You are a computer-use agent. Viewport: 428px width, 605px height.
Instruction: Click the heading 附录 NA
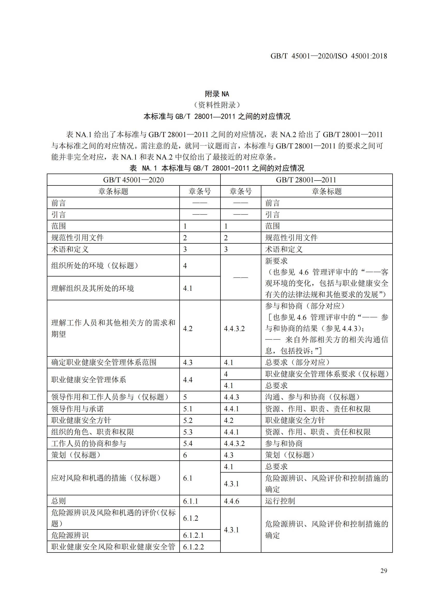(x=217, y=94)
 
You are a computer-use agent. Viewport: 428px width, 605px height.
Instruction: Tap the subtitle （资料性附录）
(x=217, y=105)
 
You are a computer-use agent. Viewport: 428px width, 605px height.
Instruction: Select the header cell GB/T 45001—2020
(x=133, y=180)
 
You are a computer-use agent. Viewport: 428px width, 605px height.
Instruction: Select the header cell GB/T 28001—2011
(x=306, y=180)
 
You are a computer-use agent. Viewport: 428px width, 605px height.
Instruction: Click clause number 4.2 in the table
(x=188, y=328)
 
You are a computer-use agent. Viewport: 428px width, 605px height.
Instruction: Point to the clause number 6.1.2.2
(x=194, y=547)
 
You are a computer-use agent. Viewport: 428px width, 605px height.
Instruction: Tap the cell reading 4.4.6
(x=231, y=501)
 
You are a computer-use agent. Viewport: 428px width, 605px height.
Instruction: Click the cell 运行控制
(x=280, y=501)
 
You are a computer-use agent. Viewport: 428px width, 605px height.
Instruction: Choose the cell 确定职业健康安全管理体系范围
(x=104, y=362)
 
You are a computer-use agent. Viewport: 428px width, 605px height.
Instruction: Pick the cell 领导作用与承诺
(x=77, y=409)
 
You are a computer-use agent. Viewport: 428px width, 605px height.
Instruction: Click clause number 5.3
(x=188, y=432)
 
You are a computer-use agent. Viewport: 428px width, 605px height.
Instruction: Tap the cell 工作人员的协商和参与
(x=88, y=444)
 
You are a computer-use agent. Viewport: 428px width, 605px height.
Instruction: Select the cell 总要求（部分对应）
(x=297, y=362)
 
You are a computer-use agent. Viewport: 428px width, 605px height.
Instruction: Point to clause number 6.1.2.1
(x=194, y=535)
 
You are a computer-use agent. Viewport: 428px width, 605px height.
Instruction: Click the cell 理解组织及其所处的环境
(x=92, y=288)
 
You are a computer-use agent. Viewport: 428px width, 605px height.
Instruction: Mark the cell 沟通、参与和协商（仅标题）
(x=312, y=397)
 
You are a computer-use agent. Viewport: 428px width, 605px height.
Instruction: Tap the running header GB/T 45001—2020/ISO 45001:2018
(x=329, y=56)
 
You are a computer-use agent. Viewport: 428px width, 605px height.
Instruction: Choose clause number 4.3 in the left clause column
(x=188, y=363)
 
